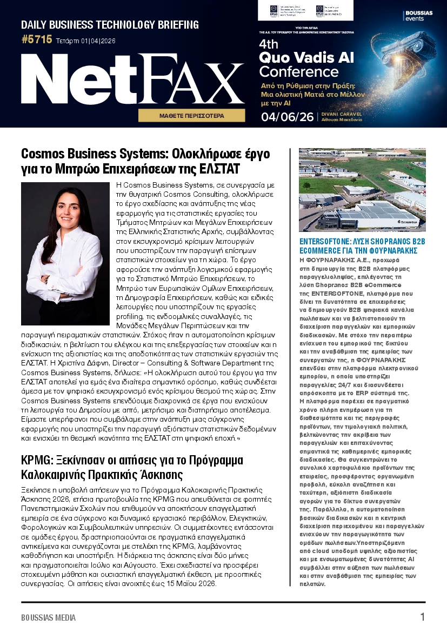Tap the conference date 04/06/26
click(x=287, y=117)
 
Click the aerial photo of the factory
click(x=362, y=190)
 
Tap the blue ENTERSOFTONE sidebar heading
click(x=362, y=246)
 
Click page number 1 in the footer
click(x=422, y=617)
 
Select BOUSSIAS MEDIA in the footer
click(x=49, y=617)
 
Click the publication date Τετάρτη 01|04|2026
click(x=85, y=41)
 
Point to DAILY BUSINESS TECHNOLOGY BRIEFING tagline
click(x=110, y=25)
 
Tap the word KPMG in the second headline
click(x=35, y=461)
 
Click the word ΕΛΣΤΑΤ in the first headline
click(x=217, y=169)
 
